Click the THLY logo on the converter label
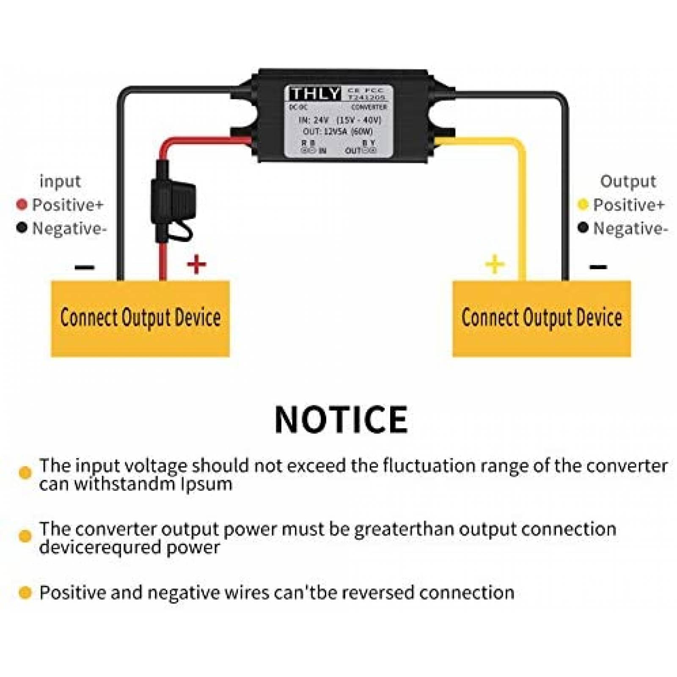315,94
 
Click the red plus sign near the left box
196,264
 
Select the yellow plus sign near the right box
495,264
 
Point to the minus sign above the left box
85,267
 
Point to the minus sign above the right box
598,267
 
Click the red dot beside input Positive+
22,205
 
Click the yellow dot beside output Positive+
583,205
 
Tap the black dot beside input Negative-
22,228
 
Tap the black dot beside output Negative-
583,228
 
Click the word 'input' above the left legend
60,182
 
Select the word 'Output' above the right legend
628,182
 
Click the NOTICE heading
341,419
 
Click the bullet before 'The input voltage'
25,473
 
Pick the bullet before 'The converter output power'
25,536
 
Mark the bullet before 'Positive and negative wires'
25,592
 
